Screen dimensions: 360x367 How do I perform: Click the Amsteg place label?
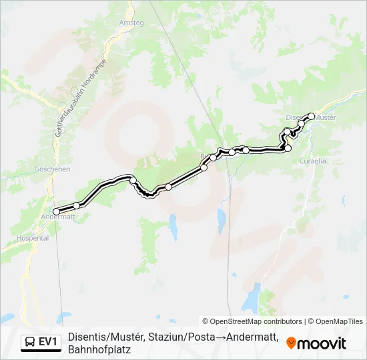pyautogui.click(x=131, y=23)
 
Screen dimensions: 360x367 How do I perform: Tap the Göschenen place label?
pyautogui.click(x=54, y=169)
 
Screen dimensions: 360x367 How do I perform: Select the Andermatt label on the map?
pyautogui.click(x=58, y=217)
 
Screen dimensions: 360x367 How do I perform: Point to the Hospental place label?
pyautogui.click(x=33, y=237)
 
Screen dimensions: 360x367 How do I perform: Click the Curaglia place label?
pyautogui.click(x=312, y=161)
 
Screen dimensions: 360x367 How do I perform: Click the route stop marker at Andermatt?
pyautogui.click(x=56, y=211)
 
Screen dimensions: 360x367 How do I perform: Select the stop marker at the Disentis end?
pyautogui.click(x=311, y=116)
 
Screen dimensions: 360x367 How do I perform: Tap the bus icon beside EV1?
pyautogui.click(x=30, y=343)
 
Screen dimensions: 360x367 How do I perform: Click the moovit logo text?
pyautogui.click(x=322, y=343)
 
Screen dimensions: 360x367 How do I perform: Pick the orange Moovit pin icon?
pyautogui.click(x=291, y=343)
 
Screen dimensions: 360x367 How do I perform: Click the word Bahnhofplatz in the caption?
pyautogui.click(x=99, y=349)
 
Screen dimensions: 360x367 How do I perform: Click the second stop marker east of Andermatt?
pyautogui.click(x=133, y=180)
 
